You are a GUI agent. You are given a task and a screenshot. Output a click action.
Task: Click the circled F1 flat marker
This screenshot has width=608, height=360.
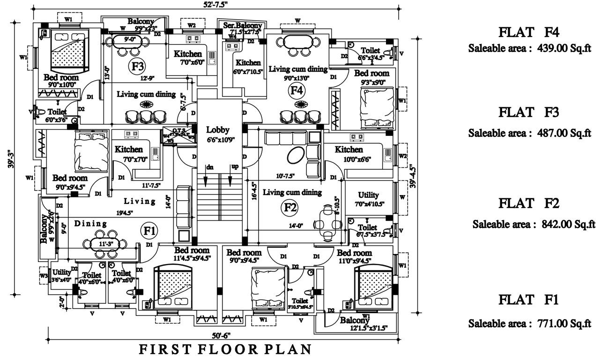(x=149, y=230)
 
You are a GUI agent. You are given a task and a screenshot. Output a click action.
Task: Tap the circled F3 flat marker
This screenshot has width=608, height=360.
(x=137, y=67)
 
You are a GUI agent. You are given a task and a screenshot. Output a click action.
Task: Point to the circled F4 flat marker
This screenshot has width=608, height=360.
(x=297, y=90)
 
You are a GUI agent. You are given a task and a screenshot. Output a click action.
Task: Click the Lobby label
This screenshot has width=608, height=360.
(x=217, y=130)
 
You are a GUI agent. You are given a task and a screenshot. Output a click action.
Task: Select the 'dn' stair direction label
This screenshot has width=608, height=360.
(x=210, y=167)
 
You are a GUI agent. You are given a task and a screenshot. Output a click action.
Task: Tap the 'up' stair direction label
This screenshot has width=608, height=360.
(x=234, y=167)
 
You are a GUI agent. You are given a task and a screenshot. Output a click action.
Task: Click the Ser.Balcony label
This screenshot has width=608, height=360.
(x=241, y=25)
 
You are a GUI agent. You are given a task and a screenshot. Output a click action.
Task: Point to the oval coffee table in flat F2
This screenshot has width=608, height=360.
(x=296, y=156)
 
